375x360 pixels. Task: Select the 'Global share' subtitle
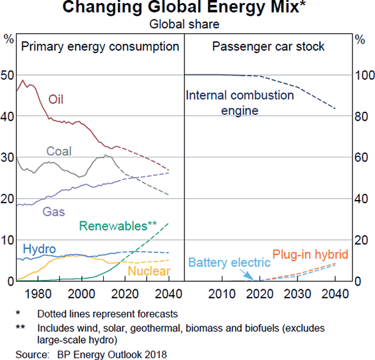tap(187, 24)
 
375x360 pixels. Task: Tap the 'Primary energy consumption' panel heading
tap(100, 47)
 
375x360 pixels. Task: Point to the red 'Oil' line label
tap(56, 99)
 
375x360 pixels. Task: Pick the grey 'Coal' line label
tap(59, 151)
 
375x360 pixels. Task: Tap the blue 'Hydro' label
tap(39, 249)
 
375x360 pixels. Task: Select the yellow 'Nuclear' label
tap(149, 271)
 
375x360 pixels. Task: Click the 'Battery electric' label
tap(229, 262)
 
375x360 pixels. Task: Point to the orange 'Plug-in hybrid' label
tap(310, 255)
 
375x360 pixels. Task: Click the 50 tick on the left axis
tap(8, 76)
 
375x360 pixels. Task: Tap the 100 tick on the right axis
tap(362, 76)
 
